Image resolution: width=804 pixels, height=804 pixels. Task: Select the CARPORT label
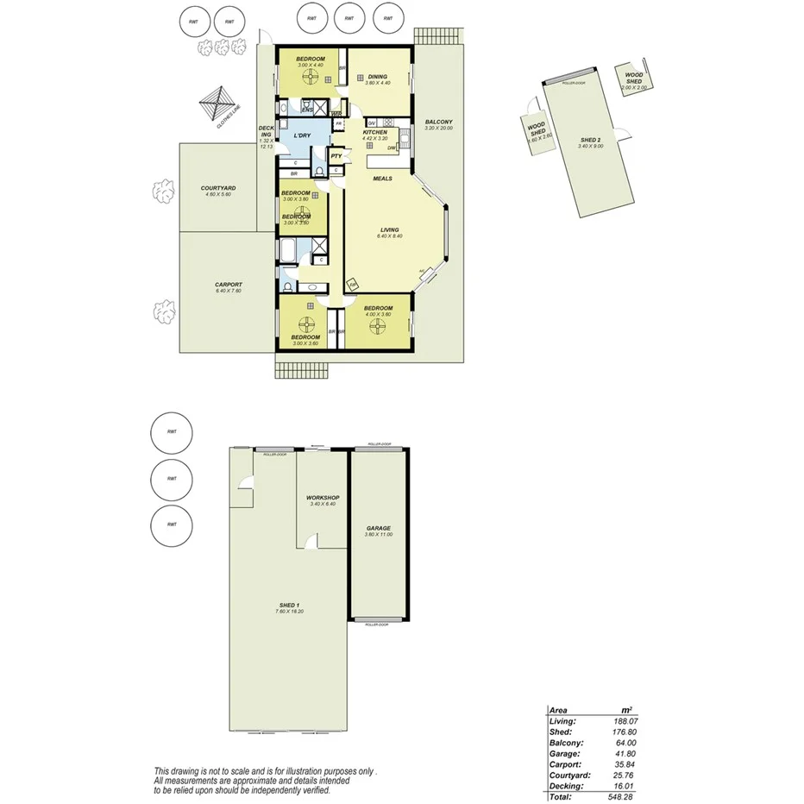229,285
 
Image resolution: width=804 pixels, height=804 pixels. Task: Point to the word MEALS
382,179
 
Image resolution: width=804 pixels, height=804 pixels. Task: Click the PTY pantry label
336,156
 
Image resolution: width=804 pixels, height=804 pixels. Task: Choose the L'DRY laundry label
301,136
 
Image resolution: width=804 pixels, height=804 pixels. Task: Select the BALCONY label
438,122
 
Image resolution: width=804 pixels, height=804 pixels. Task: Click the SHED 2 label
590,140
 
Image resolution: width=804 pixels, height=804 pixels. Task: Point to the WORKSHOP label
322,498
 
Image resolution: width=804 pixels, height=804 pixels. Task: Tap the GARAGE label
378,528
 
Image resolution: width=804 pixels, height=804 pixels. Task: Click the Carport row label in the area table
565,763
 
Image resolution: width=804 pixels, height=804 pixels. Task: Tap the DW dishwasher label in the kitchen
392,148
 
